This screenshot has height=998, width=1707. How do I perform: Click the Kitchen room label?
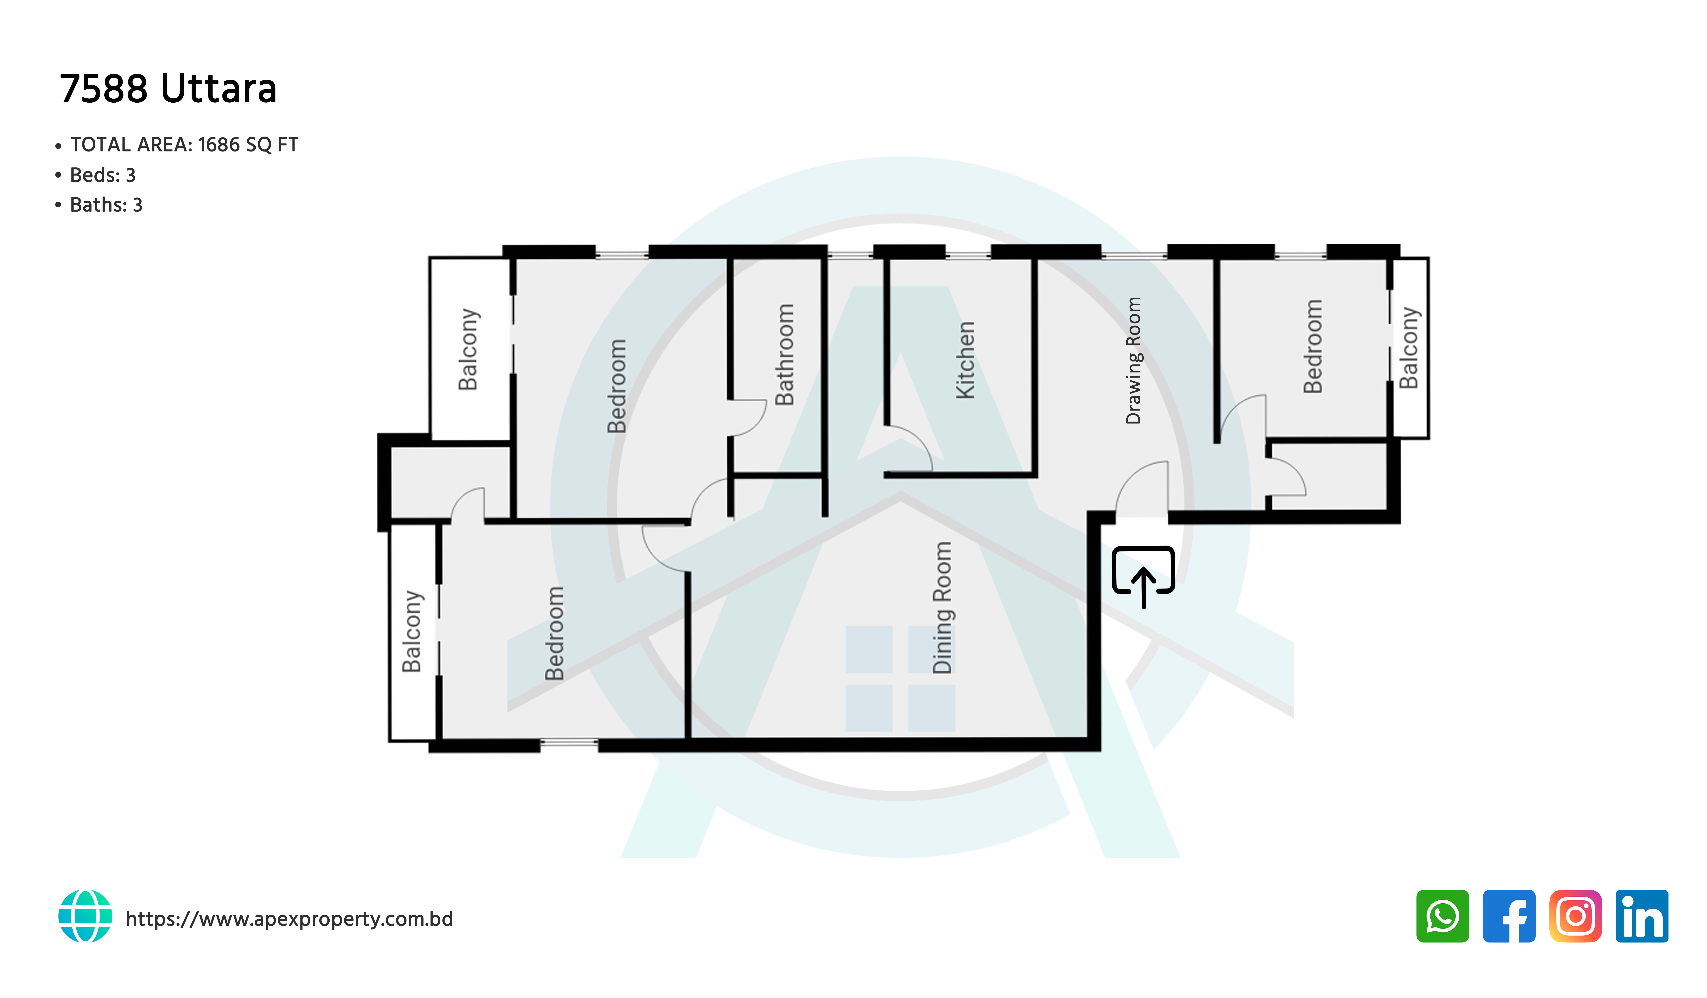[x=965, y=360]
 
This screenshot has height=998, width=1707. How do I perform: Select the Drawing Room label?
[x=1133, y=360]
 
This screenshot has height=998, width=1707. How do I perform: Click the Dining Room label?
[x=942, y=608]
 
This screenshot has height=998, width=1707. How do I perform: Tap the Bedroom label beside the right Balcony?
[x=1313, y=346]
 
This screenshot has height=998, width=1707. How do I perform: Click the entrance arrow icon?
[x=1143, y=576]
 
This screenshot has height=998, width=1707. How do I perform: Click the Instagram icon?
[x=1576, y=916]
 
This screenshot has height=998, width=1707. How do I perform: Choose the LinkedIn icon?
[x=1642, y=916]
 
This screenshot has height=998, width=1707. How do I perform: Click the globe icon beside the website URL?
[x=85, y=916]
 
